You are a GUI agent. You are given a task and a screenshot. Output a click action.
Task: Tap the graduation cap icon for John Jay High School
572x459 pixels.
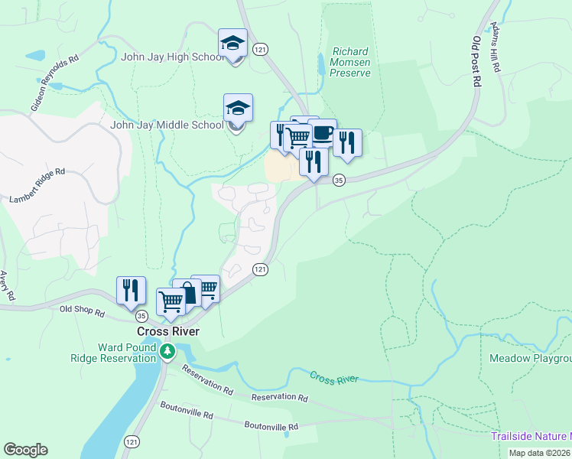[233, 44]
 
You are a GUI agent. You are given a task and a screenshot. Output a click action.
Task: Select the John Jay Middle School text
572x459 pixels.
[167, 125]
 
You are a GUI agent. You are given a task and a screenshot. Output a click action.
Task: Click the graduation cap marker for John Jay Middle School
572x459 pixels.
[238, 109]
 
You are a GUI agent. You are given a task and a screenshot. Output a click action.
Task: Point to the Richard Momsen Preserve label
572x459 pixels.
[350, 63]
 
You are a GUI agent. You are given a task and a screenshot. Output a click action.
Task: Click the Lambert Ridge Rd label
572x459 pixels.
[37, 186]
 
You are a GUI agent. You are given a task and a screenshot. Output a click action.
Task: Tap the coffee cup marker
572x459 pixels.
[323, 133]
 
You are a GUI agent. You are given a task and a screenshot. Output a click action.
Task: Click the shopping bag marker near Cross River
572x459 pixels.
[187, 292]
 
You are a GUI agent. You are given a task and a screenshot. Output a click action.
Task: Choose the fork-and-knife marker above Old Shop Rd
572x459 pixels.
[131, 289]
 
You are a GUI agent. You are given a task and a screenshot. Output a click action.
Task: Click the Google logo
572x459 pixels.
[25, 450]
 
